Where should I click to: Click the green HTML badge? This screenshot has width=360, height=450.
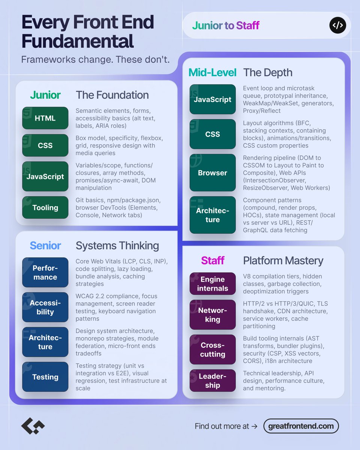[45, 118]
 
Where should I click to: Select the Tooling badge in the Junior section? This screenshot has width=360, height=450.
[45, 207]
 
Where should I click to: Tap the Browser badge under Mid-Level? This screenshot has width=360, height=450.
[213, 173]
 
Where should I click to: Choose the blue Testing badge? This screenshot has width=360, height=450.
[45, 377]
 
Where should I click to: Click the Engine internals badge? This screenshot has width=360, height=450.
[213, 284]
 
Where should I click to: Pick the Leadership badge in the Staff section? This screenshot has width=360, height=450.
[213, 381]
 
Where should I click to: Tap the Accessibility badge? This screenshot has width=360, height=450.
[45, 307]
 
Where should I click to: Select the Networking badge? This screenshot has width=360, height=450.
[213, 315]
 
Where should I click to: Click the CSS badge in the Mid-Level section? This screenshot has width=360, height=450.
[213, 134]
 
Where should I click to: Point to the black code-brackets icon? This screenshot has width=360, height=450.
[337, 25]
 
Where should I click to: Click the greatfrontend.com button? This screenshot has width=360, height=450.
[301, 426]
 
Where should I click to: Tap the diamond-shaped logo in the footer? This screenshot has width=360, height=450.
[33, 426]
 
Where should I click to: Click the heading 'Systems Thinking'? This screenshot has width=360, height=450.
[117, 246]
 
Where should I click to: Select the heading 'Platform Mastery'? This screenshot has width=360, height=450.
[283, 261]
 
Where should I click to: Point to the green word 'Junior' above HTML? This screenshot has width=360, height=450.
[45, 95]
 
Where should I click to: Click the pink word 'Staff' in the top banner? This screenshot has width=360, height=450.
[247, 25]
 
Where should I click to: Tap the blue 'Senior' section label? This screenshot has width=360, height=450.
[45, 246]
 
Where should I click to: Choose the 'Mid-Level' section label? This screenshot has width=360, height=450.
[213, 72]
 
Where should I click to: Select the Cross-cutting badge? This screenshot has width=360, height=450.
[213, 350]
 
